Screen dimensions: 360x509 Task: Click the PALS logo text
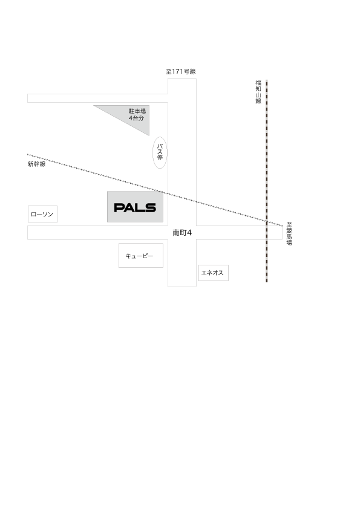[x=135, y=207]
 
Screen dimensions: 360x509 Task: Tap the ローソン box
[x=42, y=214]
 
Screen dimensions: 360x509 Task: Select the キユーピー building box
[x=141, y=256]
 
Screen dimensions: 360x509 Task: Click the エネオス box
[x=214, y=273]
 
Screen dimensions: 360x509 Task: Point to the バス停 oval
[x=160, y=152]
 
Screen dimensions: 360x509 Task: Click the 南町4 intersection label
[x=182, y=233]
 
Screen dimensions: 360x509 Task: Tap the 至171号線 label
[x=181, y=71]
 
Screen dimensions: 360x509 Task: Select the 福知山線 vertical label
[x=258, y=92]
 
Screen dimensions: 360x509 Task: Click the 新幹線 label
[x=37, y=164]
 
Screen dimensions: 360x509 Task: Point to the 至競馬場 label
[x=289, y=233]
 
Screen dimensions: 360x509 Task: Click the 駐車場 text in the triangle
[x=137, y=111]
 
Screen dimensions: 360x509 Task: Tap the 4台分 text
[x=136, y=118]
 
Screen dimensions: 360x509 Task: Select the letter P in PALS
[x=119, y=207]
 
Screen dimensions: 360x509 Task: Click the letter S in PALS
[x=151, y=207]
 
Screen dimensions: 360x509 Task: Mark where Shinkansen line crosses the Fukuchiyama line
[x=267, y=221]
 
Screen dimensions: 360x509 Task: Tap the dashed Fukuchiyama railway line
[x=267, y=181]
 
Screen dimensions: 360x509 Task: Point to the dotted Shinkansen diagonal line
[x=155, y=189]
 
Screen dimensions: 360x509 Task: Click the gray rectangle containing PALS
[x=135, y=207]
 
